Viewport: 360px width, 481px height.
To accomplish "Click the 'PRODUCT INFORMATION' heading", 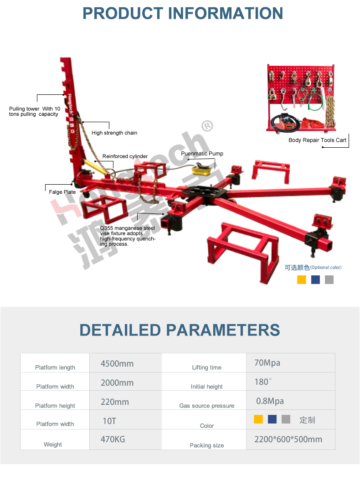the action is coord(183,14).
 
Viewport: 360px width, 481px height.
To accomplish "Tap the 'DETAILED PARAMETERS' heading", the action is coord(180,330).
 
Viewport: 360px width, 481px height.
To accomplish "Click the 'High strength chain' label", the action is coord(114,133).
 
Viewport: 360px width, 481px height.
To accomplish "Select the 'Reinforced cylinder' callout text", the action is coord(125,156).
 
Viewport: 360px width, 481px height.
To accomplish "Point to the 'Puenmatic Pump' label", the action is coord(202,153).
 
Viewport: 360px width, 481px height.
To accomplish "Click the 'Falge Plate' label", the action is coord(62,192).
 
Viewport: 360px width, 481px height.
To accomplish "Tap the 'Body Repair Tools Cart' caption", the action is coord(317,140).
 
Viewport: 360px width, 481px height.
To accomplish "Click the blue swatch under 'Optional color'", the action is coord(315,279).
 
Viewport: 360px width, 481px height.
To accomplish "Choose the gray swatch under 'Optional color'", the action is coord(329,279).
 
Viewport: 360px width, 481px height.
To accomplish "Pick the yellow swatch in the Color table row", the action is coord(258,419).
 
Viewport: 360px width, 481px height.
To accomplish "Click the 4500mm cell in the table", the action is coord(117,363).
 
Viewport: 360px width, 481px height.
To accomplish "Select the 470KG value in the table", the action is coord(113,439).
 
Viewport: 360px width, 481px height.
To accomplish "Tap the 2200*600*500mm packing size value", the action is coord(288,439).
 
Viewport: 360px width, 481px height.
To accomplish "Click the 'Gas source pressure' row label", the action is coord(207,405).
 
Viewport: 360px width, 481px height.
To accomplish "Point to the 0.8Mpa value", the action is coord(270,401).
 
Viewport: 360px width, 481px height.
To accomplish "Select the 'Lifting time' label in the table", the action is coord(207,367).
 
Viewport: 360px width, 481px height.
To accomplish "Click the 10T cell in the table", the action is coord(109,421).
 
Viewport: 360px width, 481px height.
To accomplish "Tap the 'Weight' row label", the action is coord(53,445).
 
